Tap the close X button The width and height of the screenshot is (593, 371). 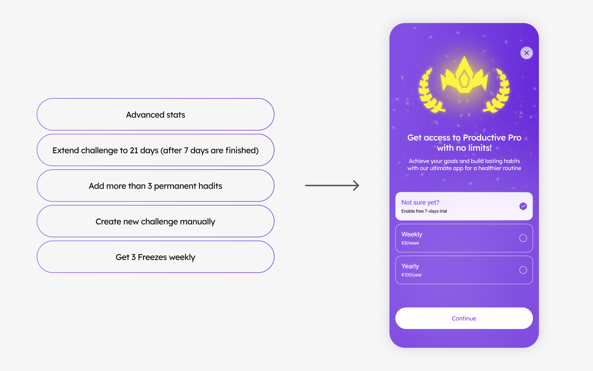526,53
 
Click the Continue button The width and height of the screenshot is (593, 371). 464,318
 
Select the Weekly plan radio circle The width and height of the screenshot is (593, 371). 523,238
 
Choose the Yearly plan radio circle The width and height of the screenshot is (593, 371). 523,270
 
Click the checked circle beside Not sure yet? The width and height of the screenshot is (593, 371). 523,206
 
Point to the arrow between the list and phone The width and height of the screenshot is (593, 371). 332,186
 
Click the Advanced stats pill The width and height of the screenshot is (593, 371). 155,114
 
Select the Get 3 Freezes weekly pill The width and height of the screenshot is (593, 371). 155,257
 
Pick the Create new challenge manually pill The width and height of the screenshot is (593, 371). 155,221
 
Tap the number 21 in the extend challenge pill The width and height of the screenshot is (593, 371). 134,150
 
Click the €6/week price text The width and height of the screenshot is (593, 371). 410,243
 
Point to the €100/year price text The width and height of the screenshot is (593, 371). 412,275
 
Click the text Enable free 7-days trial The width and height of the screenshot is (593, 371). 424,211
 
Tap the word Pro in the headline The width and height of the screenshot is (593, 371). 515,138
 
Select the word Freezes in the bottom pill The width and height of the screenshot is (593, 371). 152,257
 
